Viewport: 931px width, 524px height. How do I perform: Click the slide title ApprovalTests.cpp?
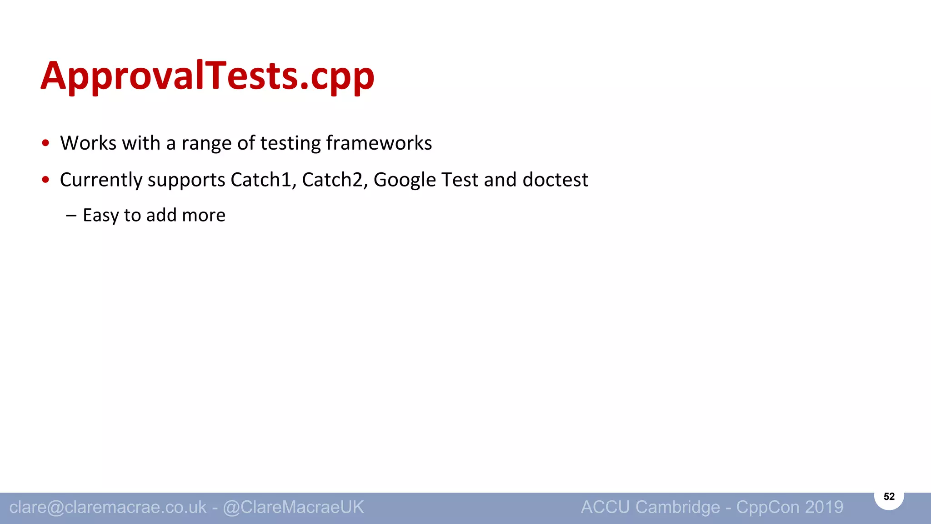(x=208, y=76)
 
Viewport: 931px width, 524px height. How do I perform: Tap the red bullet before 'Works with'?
(x=45, y=143)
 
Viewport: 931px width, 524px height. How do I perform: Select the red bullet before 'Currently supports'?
(x=45, y=180)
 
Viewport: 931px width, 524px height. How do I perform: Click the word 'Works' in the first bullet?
(x=88, y=143)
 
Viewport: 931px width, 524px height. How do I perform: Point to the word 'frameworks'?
(x=379, y=143)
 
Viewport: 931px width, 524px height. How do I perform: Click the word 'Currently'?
(x=101, y=180)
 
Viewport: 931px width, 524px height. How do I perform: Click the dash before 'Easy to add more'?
(x=71, y=215)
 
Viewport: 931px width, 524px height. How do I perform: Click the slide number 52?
(x=889, y=496)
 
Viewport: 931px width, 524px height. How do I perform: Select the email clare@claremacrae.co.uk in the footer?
(x=108, y=507)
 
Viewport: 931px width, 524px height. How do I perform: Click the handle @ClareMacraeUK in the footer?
(x=293, y=507)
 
